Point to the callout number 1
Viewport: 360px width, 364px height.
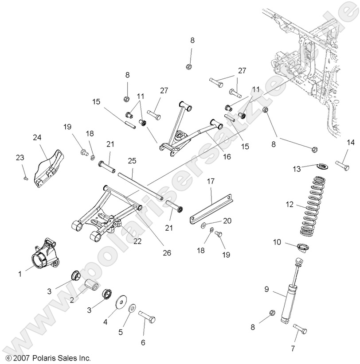click(20, 274)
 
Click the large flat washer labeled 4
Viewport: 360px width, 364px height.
click(119, 304)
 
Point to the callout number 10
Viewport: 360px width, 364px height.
click(277, 242)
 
